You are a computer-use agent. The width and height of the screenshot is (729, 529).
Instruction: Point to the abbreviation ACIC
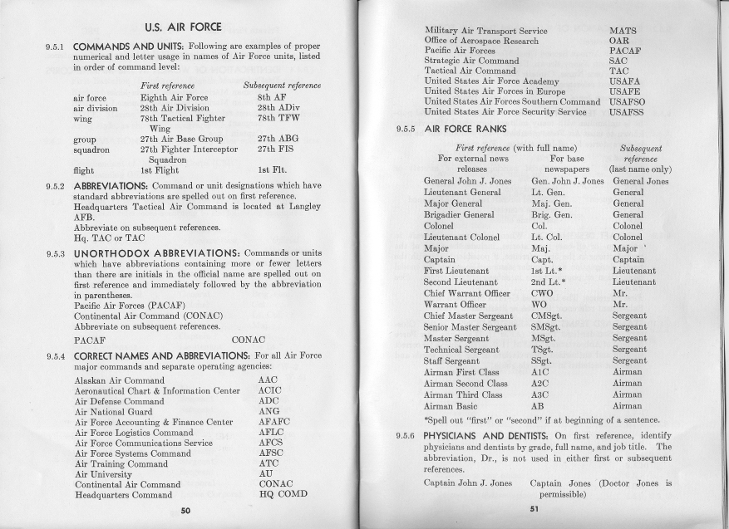pos(269,390)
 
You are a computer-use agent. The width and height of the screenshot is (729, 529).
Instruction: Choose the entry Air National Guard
pos(113,411)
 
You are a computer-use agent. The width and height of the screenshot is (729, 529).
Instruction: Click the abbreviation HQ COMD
pos(283,493)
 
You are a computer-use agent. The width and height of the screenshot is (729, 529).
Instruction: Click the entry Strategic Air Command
pos(471,61)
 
